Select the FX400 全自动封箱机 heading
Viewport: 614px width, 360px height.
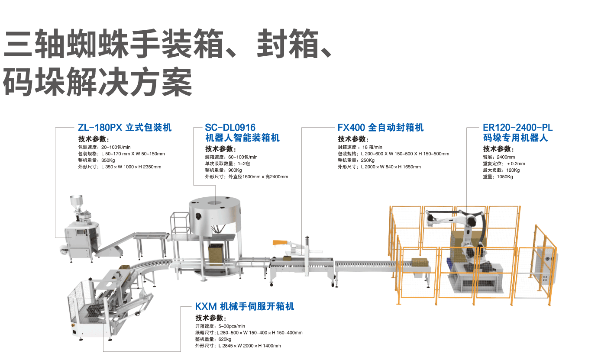pos(380,128)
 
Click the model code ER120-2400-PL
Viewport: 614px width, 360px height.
pos(517,128)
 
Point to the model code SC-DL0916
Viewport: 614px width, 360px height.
pos(230,128)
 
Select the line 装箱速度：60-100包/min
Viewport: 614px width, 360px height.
pos(231,157)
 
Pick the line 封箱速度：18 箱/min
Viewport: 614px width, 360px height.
pos(360,147)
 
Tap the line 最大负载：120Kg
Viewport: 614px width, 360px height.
pos(501,170)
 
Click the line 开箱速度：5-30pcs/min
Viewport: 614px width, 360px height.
pos(220,326)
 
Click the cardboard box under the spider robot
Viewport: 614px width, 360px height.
pos(216,253)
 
